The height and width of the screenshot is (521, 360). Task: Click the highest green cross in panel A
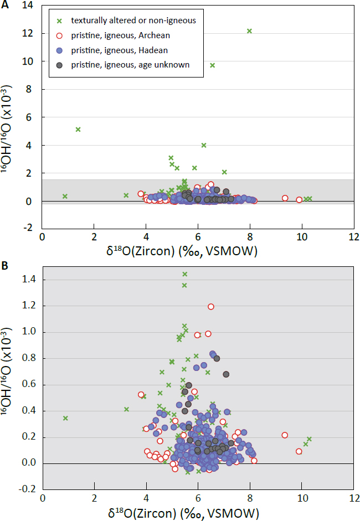tap(249, 31)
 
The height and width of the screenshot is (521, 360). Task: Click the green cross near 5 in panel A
tap(78, 130)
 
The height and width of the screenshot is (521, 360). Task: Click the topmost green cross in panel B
tap(185, 274)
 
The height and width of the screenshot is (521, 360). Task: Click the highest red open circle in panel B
tap(211, 306)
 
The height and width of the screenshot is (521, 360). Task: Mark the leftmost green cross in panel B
tap(65, 418)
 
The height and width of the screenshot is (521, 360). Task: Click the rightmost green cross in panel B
tap(310, 439)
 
